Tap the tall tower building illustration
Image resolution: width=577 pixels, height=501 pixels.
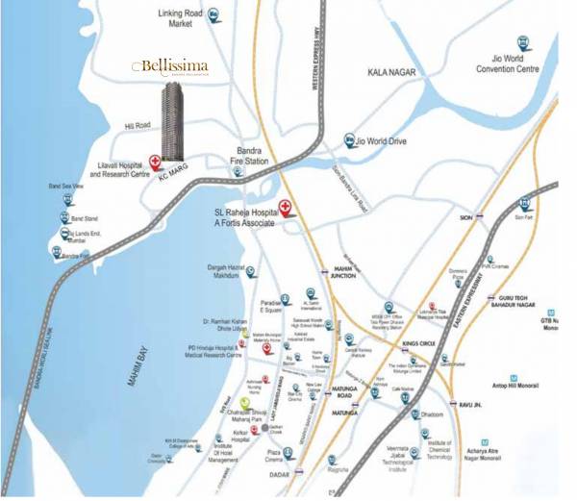click(x=172, y=121)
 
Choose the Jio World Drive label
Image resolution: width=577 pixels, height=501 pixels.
click(x=388, y=141)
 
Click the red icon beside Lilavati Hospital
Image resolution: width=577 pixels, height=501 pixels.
click(x=156, y=161)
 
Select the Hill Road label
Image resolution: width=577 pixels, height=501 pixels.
click(x=138, y=126)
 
